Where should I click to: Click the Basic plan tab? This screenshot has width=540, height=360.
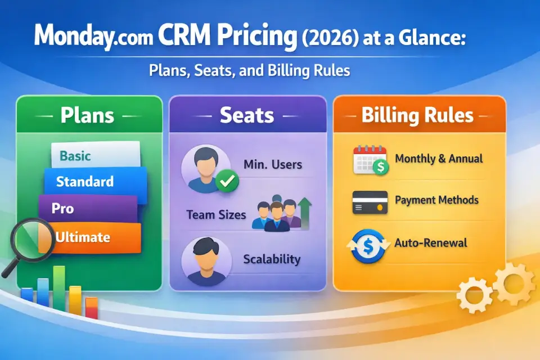click(96, 155)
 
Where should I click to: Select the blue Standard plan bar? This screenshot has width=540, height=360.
click(96, 182)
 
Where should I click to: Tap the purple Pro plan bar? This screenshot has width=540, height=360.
click(88, 209)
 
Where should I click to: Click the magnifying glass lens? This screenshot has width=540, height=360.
click(33, 240)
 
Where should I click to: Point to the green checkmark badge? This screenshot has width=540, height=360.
click(227, 181)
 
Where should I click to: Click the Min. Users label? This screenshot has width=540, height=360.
click(273, 165)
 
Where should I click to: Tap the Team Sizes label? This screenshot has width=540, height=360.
click(216, 215)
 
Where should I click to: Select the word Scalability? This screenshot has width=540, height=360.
click(272, 259)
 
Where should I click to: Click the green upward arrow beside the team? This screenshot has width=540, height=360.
click(304, 213)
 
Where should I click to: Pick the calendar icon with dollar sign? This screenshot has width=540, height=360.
click(371, 160)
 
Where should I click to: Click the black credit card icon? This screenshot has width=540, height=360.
click(370, 202)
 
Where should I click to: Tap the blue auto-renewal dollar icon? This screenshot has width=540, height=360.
click(368, 246)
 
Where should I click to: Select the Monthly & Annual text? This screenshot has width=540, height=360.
click(439, 159)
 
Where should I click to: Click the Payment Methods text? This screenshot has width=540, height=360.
click(436, 200)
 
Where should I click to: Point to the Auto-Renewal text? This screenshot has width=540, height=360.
click(431, 243)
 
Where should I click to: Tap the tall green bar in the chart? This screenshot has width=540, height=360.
click(59, 289)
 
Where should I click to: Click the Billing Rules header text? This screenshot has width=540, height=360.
click(417, 115)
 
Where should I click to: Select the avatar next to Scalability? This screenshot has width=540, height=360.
click(206, 262)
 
